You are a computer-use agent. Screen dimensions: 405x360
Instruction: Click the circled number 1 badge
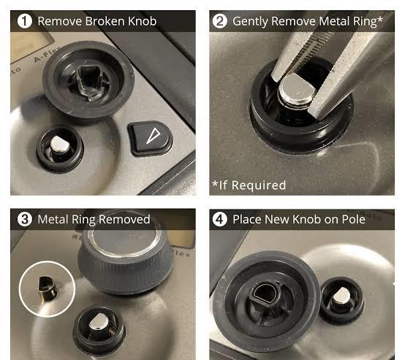pyautogui.click(x=25, y=21)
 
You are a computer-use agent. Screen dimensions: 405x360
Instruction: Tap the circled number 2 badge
pyautogui.click(x=219, y=21)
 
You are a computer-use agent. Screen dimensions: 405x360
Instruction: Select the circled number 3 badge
pyautogui.click(x=25, y=219)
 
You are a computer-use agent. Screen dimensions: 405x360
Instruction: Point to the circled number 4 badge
pyautogui.click(x=219, y=219)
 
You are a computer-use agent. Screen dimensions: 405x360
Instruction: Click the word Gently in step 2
pyautogui.click(x=250, y=22)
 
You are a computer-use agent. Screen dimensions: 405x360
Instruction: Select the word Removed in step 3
pyautogui.click(x=124, y=219)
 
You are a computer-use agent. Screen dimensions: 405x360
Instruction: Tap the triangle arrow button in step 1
pyautogui.click(x=150, y=139)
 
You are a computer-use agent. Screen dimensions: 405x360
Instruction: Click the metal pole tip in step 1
pyautogui.click(x=60, y=144)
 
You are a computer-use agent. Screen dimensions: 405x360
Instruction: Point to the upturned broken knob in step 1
pyautogui.click(x=88, y=80)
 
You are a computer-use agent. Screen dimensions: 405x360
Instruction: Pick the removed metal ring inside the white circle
pyautogui.click(x=48, y=288)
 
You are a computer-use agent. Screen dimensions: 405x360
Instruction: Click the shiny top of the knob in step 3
pyautogui.click(x=124, y=242)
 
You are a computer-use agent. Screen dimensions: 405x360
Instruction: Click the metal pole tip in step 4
pyautogui.click(x=341, y=296)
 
